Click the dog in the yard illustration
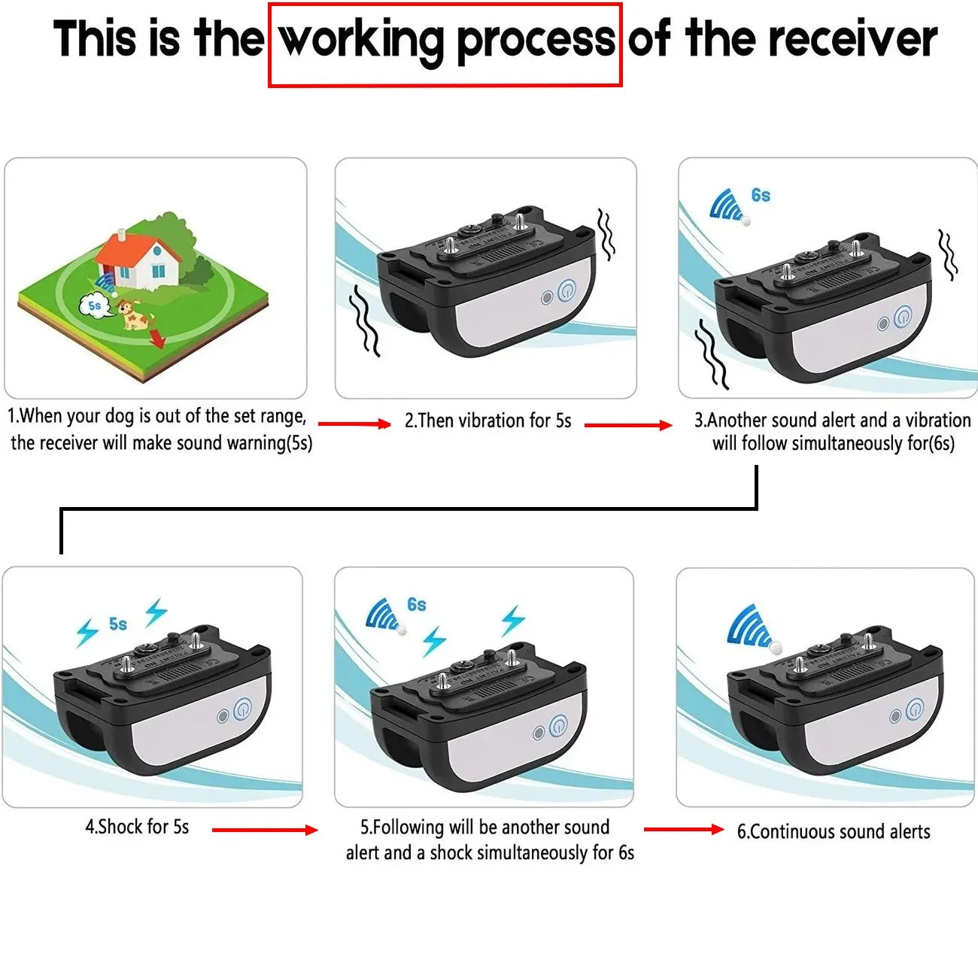click(134, 314)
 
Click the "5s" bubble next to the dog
click(93, 305)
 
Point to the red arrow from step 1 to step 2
click(354, 424)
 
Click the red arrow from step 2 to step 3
click(627, 425)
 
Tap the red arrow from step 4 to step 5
click(264, 830)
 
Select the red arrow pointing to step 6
click(683, 829)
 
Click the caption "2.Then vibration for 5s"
click(487, 421)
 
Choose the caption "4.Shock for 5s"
click(137, 827)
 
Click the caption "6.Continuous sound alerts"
click(833, 831)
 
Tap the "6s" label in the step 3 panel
click(761, 196)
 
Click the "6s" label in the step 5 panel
click(417, 605)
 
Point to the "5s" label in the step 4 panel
click(118, 624)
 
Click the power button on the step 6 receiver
click(914, 709)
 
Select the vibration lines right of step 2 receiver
click(606, 234)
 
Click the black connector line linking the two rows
click(406, 509)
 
